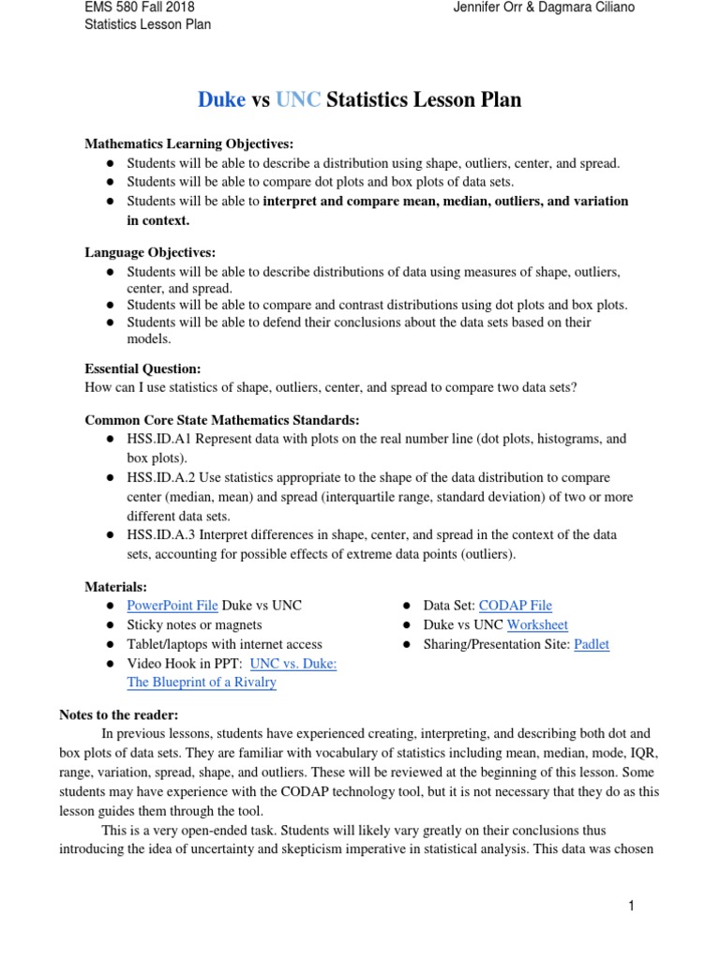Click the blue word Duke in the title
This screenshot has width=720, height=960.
click(x=221, y=100)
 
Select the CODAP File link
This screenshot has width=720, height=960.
click(x=515, y=606)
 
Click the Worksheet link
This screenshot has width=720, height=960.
click(x=537, y=624)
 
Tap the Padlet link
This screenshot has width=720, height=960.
click(x=591, y=644)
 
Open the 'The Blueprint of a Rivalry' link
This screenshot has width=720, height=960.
click(x=202, y=682)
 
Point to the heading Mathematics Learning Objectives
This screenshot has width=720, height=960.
click(x=189, y=143)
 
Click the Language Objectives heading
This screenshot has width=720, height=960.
click(x=150, y=252)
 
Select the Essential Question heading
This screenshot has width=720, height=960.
click(x=143, y=368)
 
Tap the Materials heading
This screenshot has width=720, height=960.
click(x=116, y=586)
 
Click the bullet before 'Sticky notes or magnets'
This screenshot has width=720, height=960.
click(x=110, y=625)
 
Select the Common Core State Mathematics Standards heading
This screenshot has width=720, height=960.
click(x=222, y=419)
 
